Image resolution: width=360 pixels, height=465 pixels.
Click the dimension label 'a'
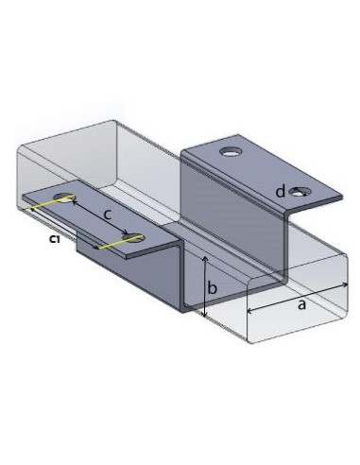pos(301,305)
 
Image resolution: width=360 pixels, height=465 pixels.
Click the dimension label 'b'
pos(214,286)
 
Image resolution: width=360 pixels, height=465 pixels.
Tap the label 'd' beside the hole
pos(280,192)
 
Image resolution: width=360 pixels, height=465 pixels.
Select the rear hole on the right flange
pos(229,151)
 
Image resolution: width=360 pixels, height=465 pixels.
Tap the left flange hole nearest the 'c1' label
pos(65,198)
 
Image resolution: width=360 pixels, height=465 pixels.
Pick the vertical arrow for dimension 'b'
pos(203,286)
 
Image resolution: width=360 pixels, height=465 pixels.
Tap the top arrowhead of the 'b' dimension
pos(203,258)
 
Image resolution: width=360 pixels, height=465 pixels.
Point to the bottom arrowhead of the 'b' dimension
pos(203,315)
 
